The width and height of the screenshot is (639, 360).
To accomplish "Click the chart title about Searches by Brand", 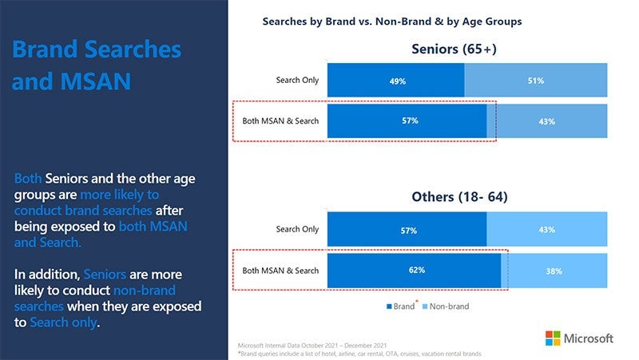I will (391, 22).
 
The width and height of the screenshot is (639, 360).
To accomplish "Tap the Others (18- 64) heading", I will (459, 196).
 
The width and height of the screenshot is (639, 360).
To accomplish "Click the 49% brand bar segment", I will (395, 81).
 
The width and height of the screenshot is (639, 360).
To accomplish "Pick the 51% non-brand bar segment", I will (535, 81).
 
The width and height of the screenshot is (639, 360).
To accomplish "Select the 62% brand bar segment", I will (415, 270).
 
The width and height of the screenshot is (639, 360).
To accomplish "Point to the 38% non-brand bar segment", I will (554, 271).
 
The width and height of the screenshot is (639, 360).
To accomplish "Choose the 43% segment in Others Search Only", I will (546, 230).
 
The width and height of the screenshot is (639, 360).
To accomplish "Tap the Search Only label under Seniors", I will (297, 81).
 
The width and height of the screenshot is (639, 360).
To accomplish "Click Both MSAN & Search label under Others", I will (280, 271).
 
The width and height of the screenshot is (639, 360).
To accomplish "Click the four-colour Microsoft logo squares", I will (554, 338).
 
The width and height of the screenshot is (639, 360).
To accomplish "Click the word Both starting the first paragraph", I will (28, 178).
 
